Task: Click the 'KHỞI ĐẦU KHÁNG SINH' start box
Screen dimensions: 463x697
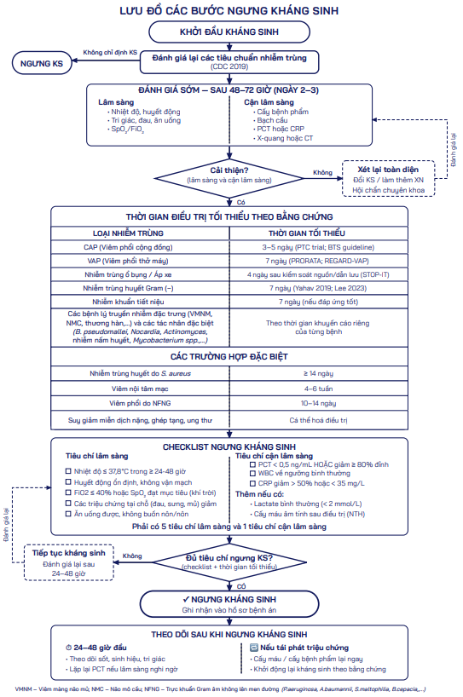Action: click(x=229, y=32)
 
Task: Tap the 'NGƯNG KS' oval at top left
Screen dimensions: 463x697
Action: click(x=42, y=63)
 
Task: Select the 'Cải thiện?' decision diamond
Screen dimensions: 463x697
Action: click(x=229, y=179)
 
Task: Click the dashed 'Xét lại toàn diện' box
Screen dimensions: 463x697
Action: click(x=388, y=179)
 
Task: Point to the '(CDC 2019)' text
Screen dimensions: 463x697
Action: click(x=229, y=66)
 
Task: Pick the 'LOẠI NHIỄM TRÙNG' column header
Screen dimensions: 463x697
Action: click(x=128, y=233)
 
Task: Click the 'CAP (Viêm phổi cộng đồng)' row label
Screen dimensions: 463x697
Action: click(x=128, y=247)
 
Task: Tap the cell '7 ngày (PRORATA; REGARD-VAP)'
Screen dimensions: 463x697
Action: click(x=317, y=261)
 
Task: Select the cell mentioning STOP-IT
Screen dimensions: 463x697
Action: click(x=318, y=274)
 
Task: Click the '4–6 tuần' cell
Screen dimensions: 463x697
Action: click(x=318, y=389)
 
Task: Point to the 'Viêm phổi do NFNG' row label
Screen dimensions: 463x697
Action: click(x=140, y=403)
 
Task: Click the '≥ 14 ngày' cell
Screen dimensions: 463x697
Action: click(x=318, y=373)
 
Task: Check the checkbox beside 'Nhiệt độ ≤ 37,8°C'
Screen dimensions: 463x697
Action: click(x=68, y=471)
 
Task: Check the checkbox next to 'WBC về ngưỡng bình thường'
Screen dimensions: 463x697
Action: click(x=252, y=474)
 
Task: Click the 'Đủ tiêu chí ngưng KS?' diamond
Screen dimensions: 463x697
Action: click(x=229, y=562)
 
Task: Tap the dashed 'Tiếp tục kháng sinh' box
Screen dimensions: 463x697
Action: click(x=68, y=562)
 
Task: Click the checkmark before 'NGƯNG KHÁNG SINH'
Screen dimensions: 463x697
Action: click(x=186, y=599)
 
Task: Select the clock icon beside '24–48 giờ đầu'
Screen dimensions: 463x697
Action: click(x=68, y=648)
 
